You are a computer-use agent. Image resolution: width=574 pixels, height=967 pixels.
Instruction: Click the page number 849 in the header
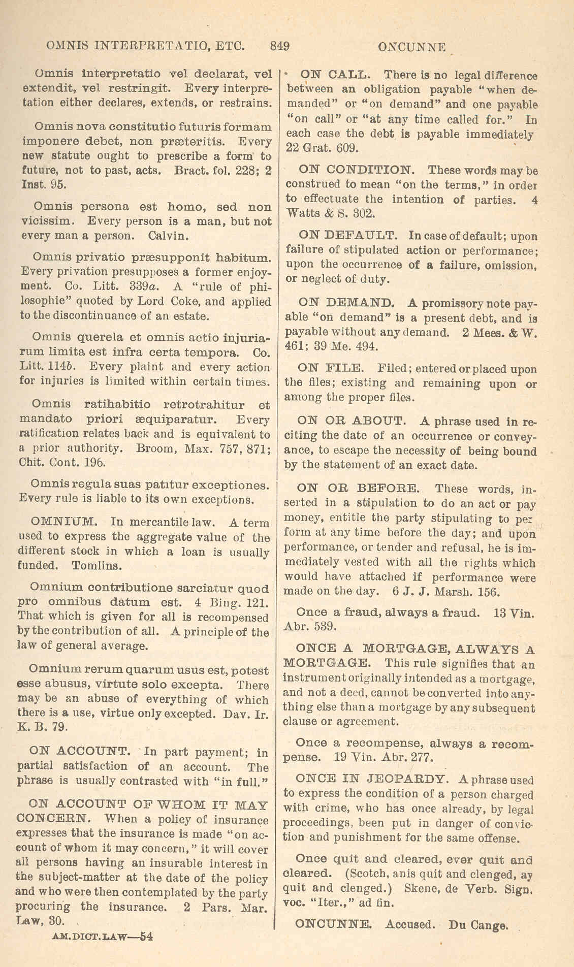(x=280, y=46)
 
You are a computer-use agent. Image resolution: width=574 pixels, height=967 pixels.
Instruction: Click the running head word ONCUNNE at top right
(x=412, y=48)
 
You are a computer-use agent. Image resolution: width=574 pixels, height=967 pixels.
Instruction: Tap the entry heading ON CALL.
(x=336, y=75)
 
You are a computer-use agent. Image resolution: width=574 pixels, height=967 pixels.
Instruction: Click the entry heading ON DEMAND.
(x=346, y=303)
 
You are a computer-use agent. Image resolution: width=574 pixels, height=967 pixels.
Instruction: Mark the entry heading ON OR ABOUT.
(x=351, y=421)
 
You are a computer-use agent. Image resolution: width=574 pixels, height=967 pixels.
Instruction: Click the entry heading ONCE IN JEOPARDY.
(x=372, y=779)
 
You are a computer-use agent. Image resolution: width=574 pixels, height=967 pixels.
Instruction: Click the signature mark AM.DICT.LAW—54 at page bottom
(x=102, y=937)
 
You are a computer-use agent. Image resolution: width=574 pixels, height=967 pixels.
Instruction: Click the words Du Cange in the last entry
(x=477, y=925)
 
